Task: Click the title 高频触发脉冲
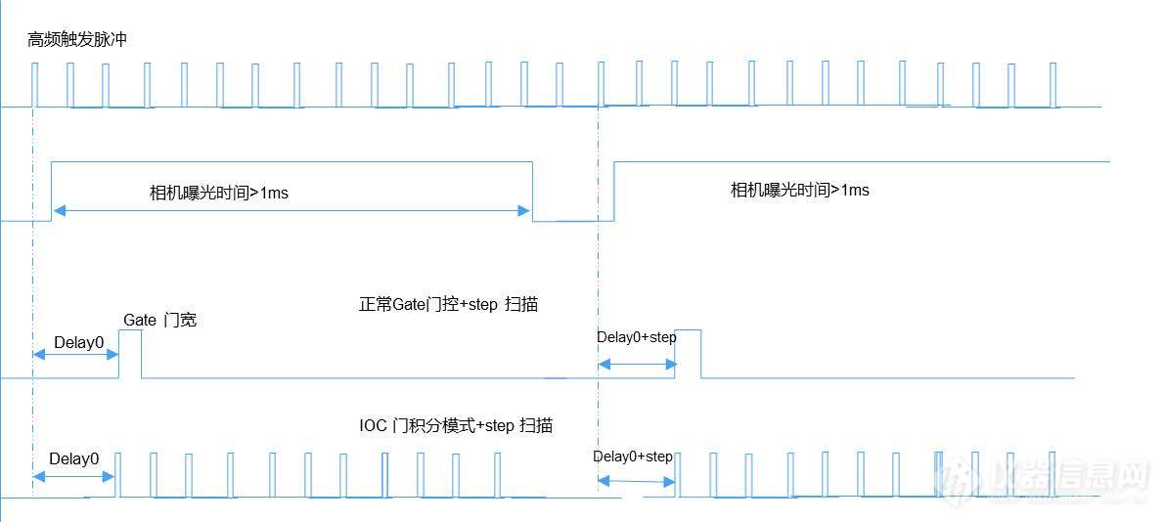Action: [78, 40]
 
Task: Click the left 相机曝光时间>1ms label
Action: [218, 194]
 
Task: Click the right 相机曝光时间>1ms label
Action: [799, 190]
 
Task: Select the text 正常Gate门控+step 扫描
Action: [448, 304]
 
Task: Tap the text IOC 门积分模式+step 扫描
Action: [456, 425]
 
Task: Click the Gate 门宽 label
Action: [159, 320]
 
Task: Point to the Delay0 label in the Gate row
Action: [78, 342]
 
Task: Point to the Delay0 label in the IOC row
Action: [74, 458]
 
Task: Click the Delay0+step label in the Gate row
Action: [636, 337]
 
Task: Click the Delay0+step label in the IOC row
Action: [633, 457]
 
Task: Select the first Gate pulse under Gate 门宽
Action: [130, 353]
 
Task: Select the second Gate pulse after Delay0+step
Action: [689, 353]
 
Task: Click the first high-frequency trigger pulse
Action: [34, 84]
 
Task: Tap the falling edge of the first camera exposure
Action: [532, 192]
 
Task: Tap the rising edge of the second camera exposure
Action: [613, 192]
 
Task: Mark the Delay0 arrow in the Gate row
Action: [75, 355]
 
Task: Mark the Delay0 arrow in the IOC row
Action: [73, 476]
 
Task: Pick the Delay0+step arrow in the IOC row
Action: [636, 480]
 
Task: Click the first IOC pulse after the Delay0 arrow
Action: [118, 475]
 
